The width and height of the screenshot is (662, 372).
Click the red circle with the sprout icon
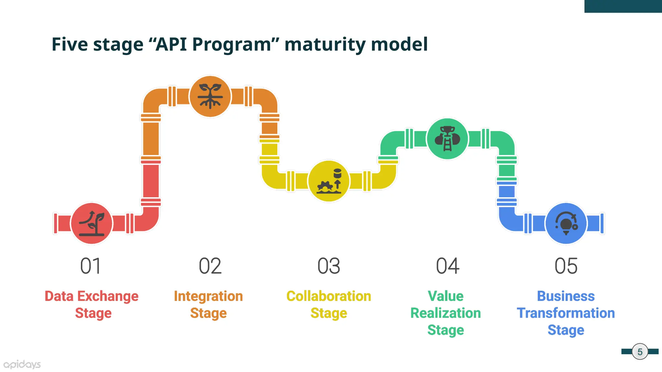92,223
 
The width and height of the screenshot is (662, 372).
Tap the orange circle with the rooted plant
210,96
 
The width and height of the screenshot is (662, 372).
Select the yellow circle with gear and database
329,181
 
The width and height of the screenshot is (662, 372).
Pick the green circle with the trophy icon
447,139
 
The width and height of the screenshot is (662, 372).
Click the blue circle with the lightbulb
566,223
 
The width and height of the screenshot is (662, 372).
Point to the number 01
91,266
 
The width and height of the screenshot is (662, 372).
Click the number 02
210,266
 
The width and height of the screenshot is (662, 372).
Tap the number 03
329,266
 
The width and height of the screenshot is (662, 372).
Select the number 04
447,266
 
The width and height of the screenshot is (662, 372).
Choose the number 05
566,266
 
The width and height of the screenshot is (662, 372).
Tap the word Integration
208,296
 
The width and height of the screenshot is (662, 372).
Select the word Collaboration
329,296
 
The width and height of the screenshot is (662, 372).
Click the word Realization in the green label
445,313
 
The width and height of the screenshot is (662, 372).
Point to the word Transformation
566,313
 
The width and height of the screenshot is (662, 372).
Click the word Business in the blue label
566,296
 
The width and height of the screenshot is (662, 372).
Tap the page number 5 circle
640,352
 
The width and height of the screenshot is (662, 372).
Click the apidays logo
22,365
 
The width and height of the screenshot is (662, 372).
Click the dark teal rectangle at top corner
623,6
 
